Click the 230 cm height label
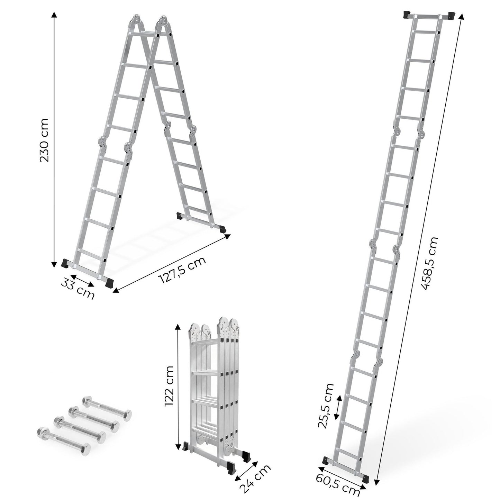click(45, 140)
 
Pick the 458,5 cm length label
click(430, 263)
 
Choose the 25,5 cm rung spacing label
click(327, 406)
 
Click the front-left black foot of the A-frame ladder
click(65, 263)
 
